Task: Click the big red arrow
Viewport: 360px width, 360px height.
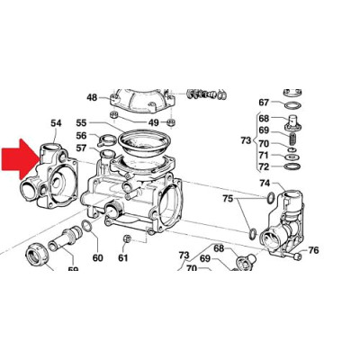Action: [20, 159]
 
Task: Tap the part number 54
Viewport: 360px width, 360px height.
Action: [56, 123]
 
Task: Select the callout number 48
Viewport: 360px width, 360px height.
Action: [92, 97]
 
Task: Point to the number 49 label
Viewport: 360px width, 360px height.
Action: [154, 122]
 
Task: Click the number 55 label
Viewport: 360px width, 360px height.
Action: [81, 123]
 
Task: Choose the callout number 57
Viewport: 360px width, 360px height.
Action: [81, 148]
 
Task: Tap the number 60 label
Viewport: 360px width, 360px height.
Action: [98, 257]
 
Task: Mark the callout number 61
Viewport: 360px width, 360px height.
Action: [123, 257]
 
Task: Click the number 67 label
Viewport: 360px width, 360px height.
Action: [264, 103]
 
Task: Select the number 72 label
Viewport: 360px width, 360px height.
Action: [264, 166]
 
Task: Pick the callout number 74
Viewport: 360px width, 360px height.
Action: [265, 183]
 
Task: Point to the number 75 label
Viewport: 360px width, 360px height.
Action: [228, 199]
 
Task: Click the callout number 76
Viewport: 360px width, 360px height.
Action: [313, 250]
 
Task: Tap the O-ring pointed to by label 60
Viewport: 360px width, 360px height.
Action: [86, 226]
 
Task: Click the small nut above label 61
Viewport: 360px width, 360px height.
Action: [127, 239]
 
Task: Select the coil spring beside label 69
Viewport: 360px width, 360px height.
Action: [293, 139]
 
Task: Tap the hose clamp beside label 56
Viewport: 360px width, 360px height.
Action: [106, 139]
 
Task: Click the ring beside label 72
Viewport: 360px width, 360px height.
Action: [292, 166]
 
